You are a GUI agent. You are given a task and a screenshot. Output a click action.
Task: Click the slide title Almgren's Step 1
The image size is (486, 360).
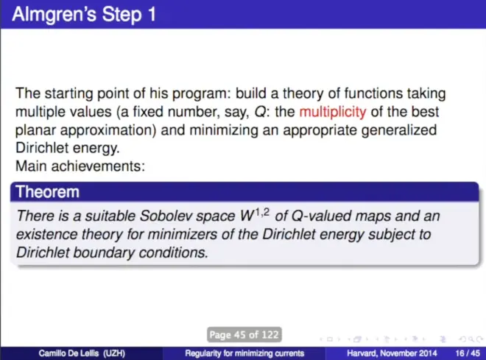pos(84,14)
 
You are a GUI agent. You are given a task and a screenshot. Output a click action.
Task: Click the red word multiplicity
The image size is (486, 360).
pos(333,112)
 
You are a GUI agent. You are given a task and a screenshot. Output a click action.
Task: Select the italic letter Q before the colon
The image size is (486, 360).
pos(260,112)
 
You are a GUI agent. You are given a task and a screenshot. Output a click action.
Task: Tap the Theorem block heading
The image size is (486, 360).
pos(47,191)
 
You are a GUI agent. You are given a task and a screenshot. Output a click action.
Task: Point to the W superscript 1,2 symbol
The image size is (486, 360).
pos(255,215)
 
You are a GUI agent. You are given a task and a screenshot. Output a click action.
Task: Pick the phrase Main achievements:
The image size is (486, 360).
pos(80,166)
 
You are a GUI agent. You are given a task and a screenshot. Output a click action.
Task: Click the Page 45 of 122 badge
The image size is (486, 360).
pos(244,334)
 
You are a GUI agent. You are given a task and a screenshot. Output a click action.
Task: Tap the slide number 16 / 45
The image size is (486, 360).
pos(468,353)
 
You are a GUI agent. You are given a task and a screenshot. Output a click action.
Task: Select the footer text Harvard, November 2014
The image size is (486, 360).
pos(392,353)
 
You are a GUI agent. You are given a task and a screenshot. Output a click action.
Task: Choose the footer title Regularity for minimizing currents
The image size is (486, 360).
pos(244,353)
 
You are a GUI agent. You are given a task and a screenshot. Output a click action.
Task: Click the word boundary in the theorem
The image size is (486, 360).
pos(104,253)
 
